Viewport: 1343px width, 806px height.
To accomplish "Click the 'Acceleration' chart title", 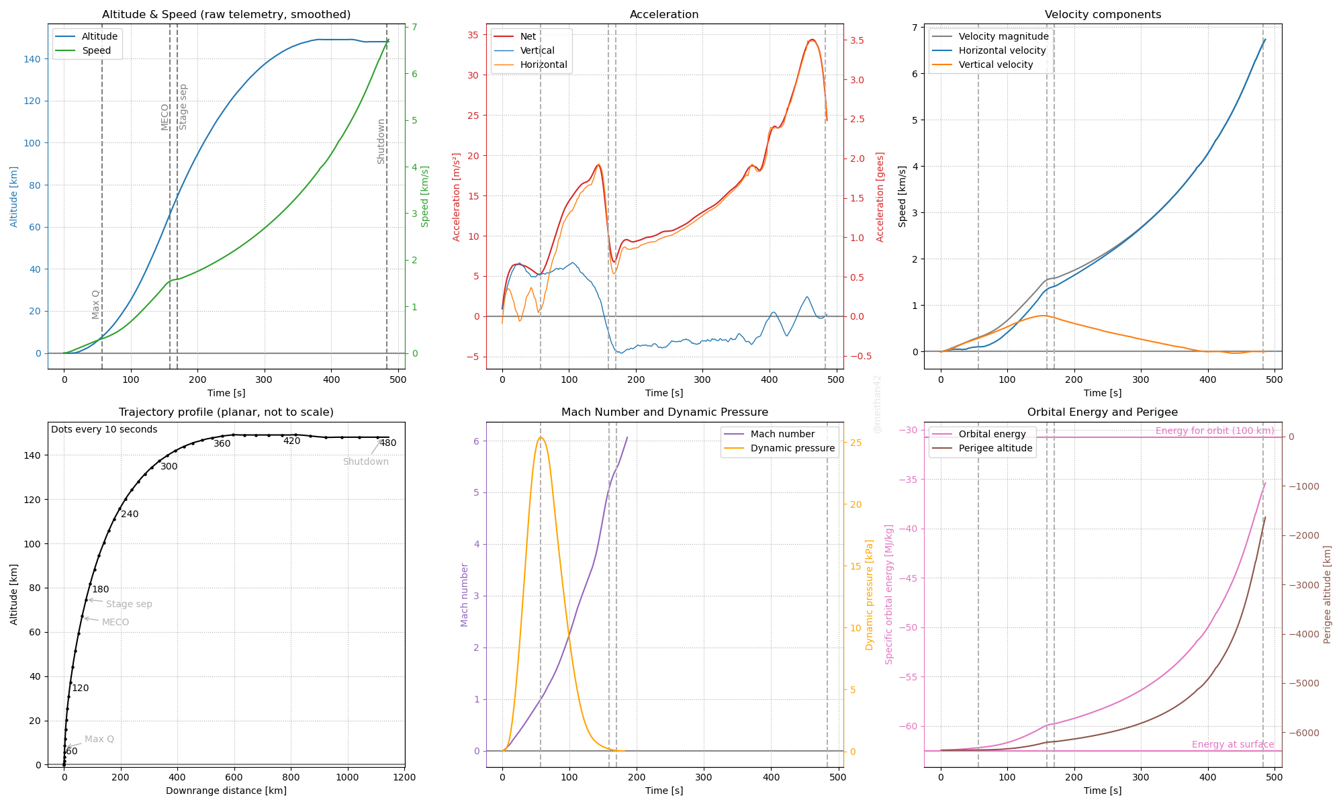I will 664,15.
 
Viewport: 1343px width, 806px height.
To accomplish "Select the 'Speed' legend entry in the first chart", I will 96,51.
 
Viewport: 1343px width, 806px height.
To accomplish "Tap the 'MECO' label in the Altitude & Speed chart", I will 165,117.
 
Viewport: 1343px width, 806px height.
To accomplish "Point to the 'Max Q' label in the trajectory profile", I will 99,740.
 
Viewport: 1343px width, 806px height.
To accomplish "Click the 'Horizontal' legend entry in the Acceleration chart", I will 543,65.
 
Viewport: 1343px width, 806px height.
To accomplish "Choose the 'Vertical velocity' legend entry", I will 995,65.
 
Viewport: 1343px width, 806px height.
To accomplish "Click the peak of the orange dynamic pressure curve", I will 541,437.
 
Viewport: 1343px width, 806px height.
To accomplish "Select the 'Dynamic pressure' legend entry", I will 792,449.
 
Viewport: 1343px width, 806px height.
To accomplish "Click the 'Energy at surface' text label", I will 1232,745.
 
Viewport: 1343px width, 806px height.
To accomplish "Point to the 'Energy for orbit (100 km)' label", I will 1214,431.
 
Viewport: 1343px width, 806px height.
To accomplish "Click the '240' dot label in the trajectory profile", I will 130,514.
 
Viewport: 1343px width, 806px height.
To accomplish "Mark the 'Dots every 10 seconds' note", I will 104,430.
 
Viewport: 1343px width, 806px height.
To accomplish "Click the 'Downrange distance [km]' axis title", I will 226,791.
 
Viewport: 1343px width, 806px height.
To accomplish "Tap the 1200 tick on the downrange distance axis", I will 404,778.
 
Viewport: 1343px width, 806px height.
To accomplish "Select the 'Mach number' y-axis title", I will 464,595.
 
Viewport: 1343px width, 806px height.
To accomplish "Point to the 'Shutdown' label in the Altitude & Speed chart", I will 381,142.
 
